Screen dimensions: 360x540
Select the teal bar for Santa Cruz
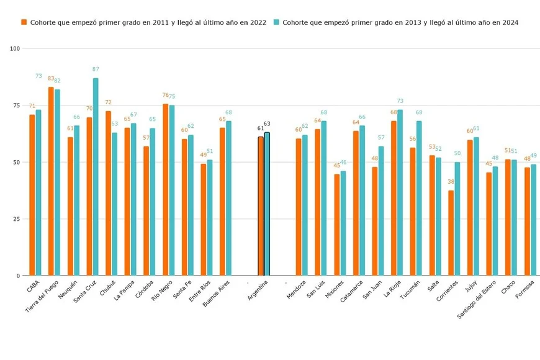pos(96,177)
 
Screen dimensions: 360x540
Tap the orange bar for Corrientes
pos(451,233)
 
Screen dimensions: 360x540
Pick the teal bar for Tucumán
pos(419,198)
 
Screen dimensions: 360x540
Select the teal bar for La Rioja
pos(400,192)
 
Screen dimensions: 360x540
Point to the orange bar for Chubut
pos(108,193)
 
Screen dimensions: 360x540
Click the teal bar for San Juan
pos(381,211)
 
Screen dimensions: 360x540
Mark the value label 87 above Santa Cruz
pos(96,70)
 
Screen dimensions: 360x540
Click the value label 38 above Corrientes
pos(451,182)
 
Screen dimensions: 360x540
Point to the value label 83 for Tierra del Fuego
pos(51,79)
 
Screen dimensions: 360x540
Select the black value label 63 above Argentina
pos(267,124)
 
